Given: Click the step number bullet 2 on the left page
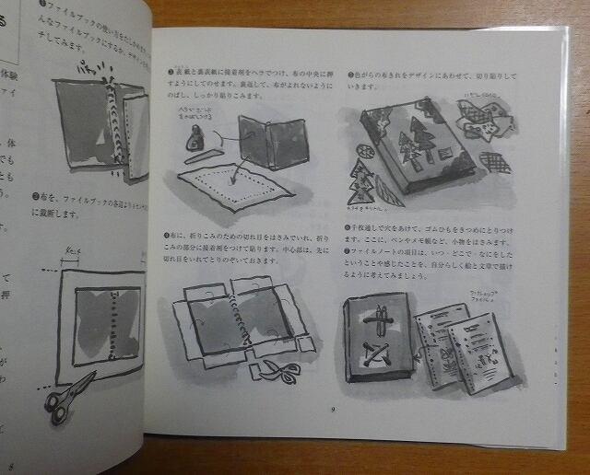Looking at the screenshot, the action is pos(33,195).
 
